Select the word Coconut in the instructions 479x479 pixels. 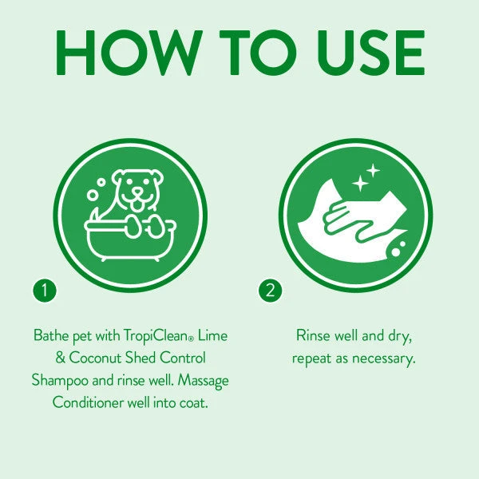97,357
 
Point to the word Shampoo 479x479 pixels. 59,380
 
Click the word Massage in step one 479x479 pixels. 204,380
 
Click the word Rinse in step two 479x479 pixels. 313,335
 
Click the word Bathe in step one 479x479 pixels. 50,335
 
